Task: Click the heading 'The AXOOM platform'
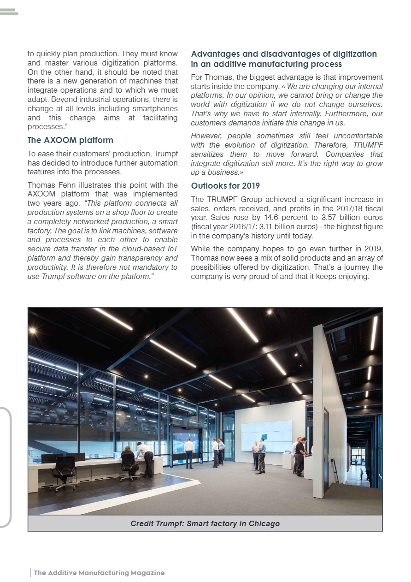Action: [x=70, y=140]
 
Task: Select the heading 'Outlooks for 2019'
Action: [x=225, y=186]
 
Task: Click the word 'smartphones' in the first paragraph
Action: [x=155, y=109]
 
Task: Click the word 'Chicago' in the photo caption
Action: [x=264, y=523]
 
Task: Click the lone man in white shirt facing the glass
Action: [x=189, y=452]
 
